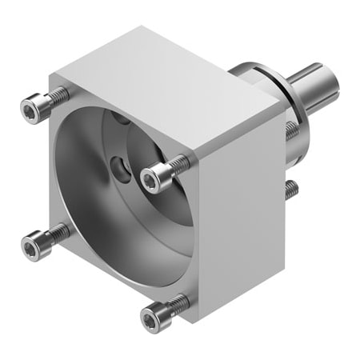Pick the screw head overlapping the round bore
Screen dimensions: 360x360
point(152,178)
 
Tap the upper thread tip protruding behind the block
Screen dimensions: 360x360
point(291,130)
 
